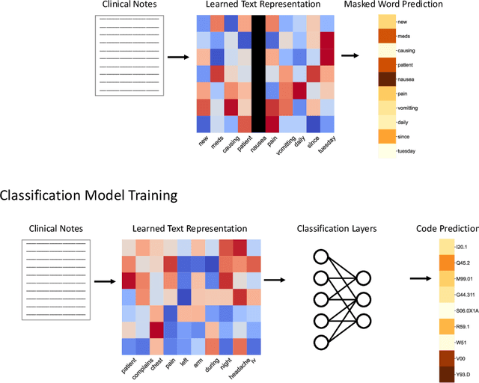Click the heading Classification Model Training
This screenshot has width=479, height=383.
tap(88, 196)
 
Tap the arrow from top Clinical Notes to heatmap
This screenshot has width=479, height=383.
tap(177, 56)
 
